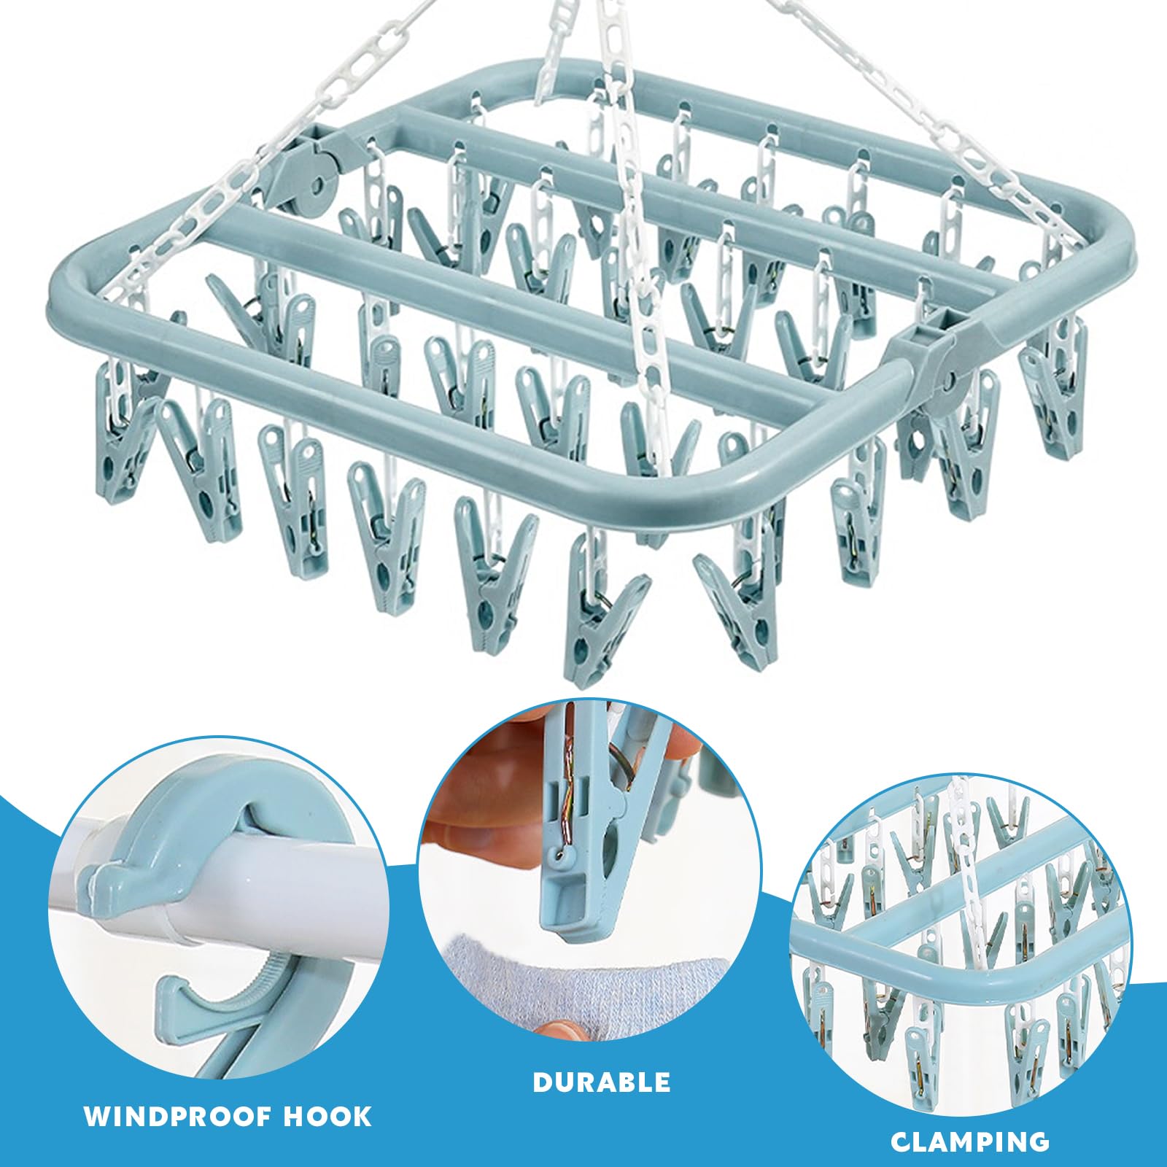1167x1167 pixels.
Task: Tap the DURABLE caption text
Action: (602, 1082)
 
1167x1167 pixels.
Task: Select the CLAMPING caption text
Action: (970, 1141)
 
